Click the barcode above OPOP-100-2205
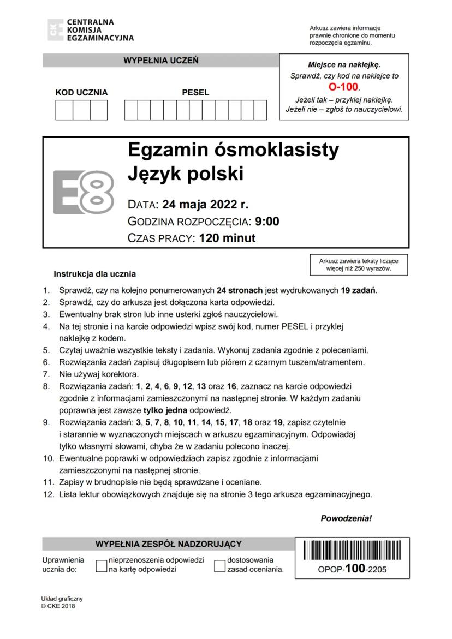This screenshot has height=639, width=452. point(352,552)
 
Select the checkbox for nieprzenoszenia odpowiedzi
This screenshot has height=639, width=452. point(101,566)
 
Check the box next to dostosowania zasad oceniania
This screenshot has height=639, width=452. point(219,566)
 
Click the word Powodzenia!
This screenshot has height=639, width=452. point(346,518)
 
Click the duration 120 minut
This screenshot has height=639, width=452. point(227,238)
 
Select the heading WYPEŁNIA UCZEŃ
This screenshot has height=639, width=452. point(161,60)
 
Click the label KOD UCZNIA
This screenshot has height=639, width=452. point(82,92)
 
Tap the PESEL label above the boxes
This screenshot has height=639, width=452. point(195,92)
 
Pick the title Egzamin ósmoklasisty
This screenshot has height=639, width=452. point(233,150)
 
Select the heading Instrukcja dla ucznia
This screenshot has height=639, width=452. point(95,274)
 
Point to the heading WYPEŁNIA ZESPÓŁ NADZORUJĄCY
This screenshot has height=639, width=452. point(168,544)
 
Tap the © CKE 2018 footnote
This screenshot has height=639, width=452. point(58,606)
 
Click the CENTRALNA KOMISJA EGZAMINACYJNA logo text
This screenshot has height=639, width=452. point(99,30)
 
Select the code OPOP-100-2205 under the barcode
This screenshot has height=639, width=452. point(352,569)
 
